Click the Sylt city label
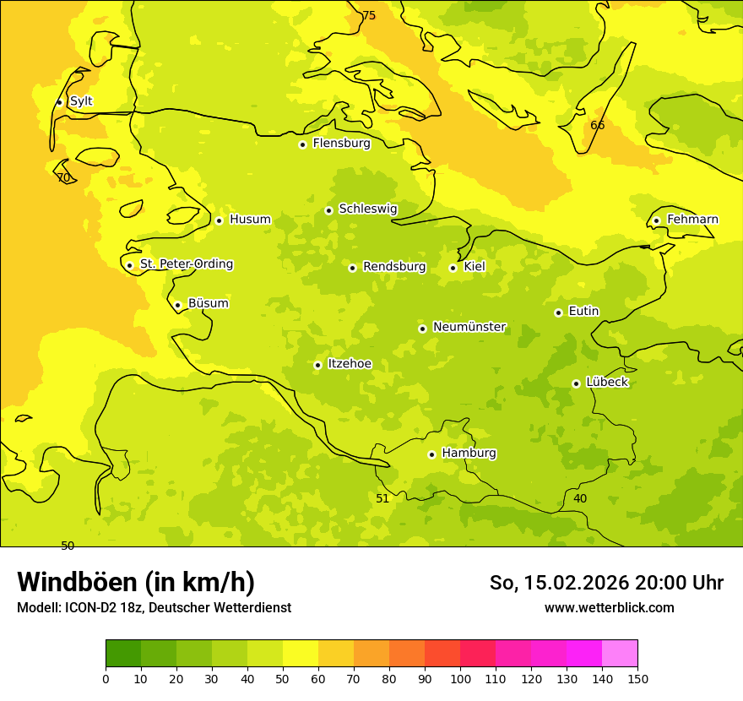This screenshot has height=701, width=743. [81, 101]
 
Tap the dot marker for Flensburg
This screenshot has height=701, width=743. [302, 144]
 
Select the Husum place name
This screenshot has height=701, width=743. [250, 220]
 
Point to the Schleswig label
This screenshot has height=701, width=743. [367, 209]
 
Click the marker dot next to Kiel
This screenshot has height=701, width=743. [453, 268]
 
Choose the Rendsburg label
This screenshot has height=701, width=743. [394, 267]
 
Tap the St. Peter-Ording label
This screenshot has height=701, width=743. [186, 264]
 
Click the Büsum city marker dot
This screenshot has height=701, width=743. [177, 305]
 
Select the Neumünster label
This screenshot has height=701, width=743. [469, 327]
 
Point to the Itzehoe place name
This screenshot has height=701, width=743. [350, 364]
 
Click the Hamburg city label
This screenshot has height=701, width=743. [469, 454]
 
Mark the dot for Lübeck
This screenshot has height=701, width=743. [576, 383]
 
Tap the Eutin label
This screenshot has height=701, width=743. [583, 312]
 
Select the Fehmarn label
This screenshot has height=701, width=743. [692, 220]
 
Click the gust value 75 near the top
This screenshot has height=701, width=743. [369, 15]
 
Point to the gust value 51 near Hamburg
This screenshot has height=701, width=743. [382, 498]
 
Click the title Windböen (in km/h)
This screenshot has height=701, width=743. [136, 582]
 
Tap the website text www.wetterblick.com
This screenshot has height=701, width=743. [609, 607]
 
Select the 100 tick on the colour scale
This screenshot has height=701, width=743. [460, 678]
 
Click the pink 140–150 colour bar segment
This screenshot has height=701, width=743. [620, 654]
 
